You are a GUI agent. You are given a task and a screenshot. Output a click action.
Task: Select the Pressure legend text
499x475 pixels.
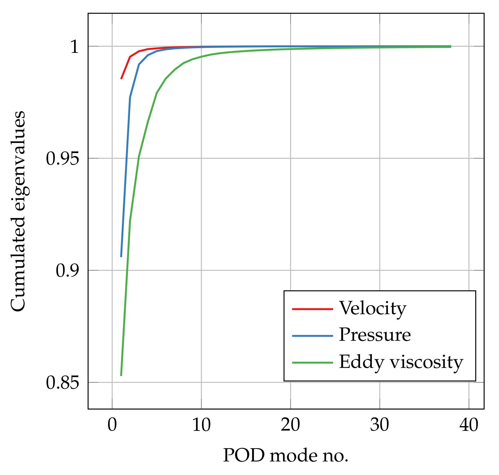[374, 335]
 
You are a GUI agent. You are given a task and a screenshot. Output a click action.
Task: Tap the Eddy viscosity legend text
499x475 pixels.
[401, 362]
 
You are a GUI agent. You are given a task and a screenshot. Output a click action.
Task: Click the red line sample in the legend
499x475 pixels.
[312, 309]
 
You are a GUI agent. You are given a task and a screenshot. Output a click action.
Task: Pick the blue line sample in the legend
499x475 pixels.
[312, 336]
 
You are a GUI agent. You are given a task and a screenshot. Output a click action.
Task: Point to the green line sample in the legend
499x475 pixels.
[312, 362]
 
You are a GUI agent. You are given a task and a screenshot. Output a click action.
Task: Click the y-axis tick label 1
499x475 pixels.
[74, 46]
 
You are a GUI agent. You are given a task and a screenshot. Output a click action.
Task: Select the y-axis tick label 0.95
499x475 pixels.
[62, 159]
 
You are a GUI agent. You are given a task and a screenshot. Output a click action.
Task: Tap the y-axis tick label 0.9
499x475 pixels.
[67, 271]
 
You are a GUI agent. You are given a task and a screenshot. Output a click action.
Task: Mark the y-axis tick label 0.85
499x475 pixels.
[62, 383]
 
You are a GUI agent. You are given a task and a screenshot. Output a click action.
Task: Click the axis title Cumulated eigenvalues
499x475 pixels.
[18, 211]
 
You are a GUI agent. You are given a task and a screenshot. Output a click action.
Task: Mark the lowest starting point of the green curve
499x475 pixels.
[121, 375]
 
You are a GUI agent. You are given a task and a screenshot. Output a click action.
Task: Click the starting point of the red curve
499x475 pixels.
[121, 79]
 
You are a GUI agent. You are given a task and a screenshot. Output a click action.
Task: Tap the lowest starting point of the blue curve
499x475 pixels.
[121, 256]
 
